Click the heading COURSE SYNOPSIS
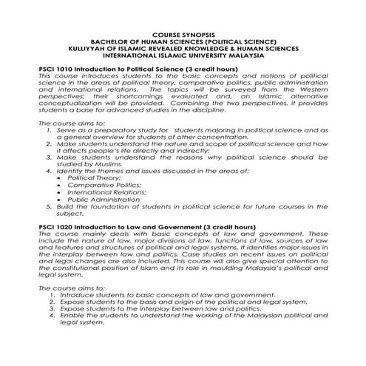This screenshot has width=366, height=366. coord(183,35)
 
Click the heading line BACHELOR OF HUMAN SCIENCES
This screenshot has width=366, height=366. coord(183,41)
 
